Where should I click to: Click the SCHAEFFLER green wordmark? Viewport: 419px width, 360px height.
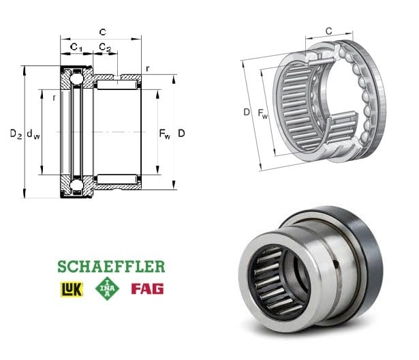coord(111,267)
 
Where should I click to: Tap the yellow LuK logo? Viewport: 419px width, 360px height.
coord(72,289)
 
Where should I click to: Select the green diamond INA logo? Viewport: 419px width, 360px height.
coord(107,288)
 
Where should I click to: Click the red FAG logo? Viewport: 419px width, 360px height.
coord(147,289)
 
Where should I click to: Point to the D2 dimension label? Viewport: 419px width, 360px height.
coord(16,134)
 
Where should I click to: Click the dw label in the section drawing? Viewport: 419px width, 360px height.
coord(33,134)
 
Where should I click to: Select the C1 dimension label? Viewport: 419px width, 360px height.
coord(76,47)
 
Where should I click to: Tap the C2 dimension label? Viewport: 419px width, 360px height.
coord(105,47)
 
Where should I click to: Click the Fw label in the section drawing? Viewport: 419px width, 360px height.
coord(165,134)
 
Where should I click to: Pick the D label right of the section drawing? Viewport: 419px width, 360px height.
coord(181,133)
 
